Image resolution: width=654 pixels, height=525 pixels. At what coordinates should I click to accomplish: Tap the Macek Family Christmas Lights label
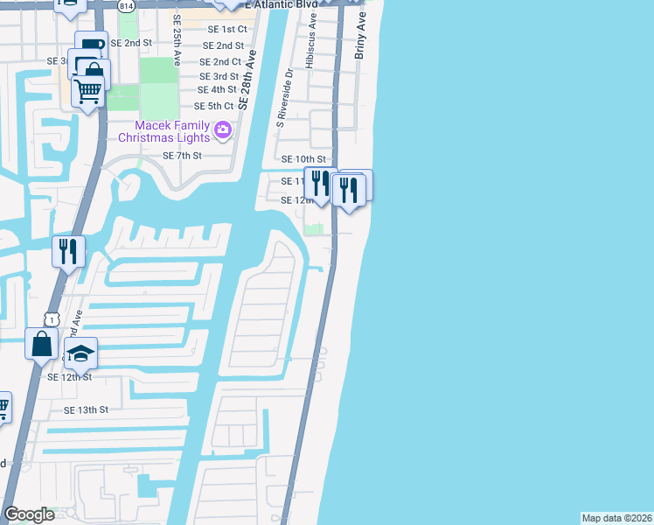(164, 131)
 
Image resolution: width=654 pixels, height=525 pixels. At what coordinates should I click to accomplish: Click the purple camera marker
(223, 130)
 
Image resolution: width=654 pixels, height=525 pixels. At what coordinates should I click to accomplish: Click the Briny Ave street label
(359, 40)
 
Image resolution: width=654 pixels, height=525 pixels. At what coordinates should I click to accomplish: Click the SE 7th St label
(183, 156)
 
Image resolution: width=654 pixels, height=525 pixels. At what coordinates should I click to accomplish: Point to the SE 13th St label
(86, 409)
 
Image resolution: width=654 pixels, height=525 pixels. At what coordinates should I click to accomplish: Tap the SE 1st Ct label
(222, 28)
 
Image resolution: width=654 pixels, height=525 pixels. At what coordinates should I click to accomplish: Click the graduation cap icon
(80, 353)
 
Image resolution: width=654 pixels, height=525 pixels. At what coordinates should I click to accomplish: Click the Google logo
(29, 514)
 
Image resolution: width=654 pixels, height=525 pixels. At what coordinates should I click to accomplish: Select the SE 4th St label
(218, 89)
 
